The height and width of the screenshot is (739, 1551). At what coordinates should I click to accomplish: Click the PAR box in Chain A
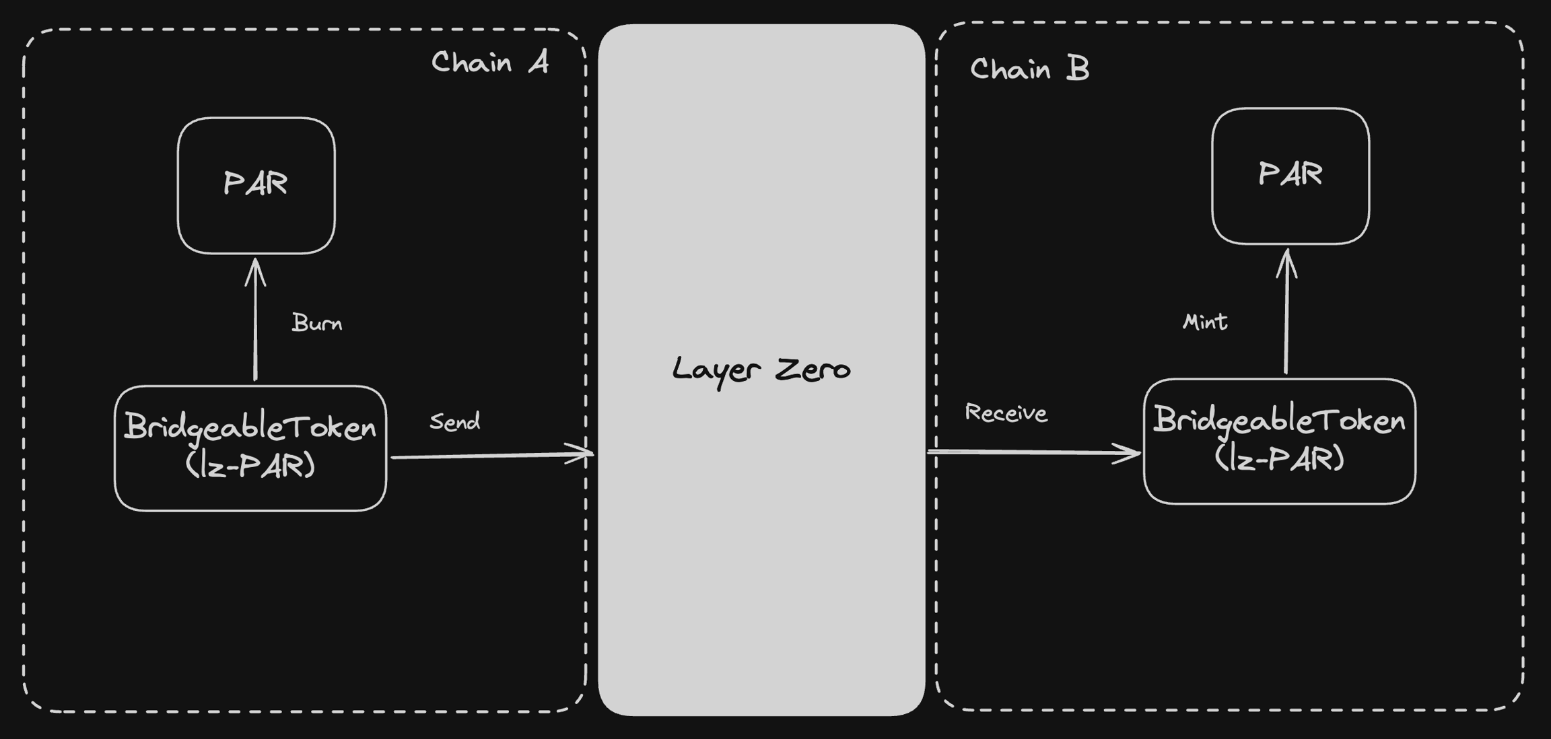coord(256,185)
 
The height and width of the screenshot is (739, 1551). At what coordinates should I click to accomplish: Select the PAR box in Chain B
coord(1290,176)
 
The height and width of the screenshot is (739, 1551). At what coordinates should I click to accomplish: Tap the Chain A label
coord(489,63)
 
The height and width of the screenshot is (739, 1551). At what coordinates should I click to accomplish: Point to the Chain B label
coord(1029,69)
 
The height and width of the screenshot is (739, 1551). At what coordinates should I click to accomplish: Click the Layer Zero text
coord(761,369)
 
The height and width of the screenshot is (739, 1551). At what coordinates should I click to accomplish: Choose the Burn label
coord(317,323)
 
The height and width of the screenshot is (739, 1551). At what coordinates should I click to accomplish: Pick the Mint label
coord(1205,322)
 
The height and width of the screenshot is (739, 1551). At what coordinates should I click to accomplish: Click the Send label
coord(455,422)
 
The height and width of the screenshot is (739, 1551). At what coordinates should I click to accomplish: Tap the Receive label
coord(1006,413)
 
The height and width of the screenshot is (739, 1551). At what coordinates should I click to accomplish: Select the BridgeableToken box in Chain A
coord(250,448)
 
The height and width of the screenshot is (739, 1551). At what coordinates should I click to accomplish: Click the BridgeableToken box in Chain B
coord(1279,442)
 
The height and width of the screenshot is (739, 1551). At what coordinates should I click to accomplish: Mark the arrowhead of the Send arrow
coord(584,454)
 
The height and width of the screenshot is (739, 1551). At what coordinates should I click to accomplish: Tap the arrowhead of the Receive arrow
coord(1132,453)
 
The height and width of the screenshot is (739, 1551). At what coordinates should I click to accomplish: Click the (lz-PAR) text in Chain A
coord(250,465)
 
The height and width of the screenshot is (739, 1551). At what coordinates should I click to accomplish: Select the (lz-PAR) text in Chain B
coord(1279,458)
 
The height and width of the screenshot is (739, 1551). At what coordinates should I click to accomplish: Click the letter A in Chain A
coord(537,63)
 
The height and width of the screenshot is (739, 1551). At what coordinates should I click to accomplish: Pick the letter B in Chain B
coord(1078,69)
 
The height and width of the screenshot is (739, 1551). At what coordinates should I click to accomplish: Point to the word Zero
coord(813,369)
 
